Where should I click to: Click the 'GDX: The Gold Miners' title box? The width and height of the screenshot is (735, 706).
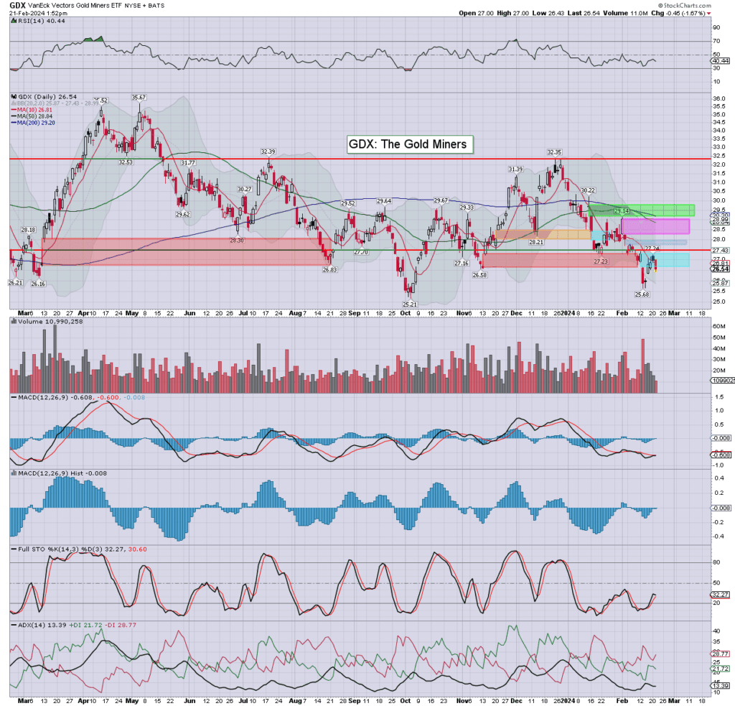(408, 144)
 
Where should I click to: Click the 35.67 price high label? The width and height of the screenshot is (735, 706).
(139, 97)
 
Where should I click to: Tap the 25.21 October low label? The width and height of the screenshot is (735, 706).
(411, 305)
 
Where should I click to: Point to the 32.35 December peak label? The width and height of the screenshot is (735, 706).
(555, 152)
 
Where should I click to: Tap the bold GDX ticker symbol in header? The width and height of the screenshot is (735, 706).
(19, 4)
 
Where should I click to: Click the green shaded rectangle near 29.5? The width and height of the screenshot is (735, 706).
(641, 210)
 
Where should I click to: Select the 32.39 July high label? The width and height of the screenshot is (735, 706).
(268, 152)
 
